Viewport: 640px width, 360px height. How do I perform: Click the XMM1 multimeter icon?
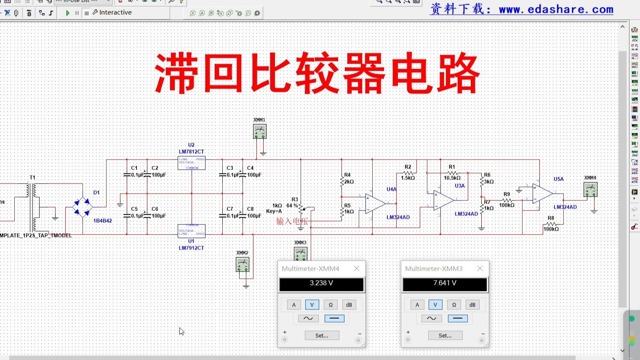259,131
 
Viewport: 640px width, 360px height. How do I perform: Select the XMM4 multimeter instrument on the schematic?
590,189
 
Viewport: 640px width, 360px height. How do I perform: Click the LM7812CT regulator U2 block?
192,163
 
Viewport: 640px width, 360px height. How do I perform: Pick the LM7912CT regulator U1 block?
192,231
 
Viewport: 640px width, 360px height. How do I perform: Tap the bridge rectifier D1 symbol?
83,207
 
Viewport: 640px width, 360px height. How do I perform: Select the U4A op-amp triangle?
375,204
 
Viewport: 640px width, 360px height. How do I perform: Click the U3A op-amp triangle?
443,200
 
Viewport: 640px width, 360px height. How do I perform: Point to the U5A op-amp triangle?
542,193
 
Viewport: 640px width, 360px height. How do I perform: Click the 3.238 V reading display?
321,284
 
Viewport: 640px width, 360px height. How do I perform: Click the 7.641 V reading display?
445,284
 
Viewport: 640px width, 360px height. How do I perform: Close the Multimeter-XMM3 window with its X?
480,269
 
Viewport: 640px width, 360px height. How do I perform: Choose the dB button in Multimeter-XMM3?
472,305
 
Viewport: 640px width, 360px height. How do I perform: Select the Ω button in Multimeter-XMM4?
331,305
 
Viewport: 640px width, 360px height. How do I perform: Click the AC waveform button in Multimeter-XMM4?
308,318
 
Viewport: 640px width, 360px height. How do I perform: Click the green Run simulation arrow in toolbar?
67,13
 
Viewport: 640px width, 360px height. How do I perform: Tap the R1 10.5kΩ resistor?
452,173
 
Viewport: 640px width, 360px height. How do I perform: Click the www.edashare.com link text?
556,9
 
